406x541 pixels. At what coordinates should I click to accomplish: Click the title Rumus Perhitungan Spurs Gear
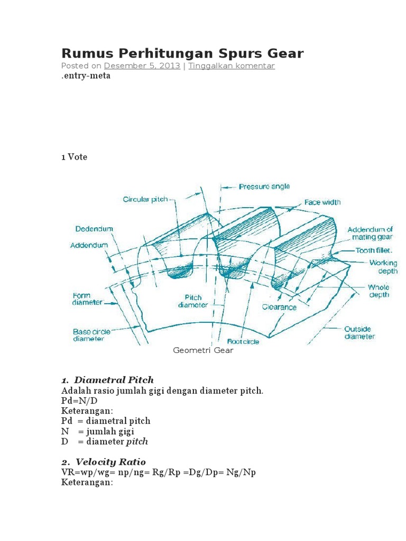(182, 53)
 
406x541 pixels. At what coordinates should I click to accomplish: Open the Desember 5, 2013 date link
(142, 66)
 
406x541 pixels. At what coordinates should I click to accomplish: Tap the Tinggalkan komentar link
(231, 66)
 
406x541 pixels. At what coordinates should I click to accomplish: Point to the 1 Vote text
(75, 157)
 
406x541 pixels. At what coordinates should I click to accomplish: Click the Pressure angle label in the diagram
(264, 186)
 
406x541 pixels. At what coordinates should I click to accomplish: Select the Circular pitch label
(145, 199)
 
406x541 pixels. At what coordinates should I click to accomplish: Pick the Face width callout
(322, 202)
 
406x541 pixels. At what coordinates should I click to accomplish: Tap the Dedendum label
(94, 229)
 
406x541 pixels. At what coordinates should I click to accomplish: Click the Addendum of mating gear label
(370, 233)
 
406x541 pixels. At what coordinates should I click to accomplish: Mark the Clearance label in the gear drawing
(279, 306)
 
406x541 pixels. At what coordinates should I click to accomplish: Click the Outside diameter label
(359, 332)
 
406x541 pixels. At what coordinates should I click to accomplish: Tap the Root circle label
(243, 341)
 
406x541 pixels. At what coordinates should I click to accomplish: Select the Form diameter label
(84, 299)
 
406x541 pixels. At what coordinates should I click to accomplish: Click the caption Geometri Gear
(203, 350)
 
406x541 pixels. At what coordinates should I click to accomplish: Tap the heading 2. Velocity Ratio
(104, 462)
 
